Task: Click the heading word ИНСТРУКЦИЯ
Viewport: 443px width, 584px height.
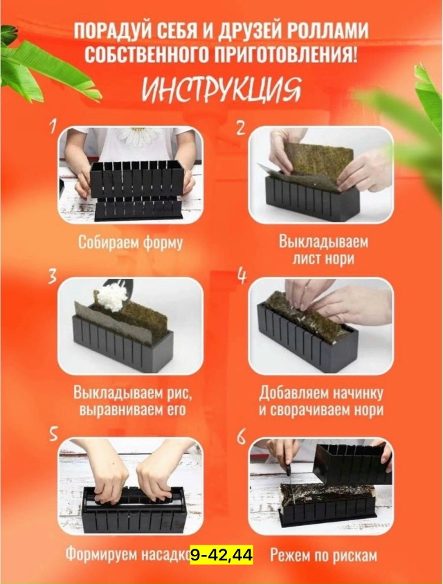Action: [x=221, y=90]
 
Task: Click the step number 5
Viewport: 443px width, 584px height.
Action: [x=53, y=433]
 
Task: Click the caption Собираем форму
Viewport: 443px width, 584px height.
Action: [x=130, y=244]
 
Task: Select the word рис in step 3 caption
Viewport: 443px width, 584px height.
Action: [x=175, y=393]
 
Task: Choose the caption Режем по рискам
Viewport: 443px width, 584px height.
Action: [x=323, y=554]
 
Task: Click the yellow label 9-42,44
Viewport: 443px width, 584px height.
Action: [x=221, y=554]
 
